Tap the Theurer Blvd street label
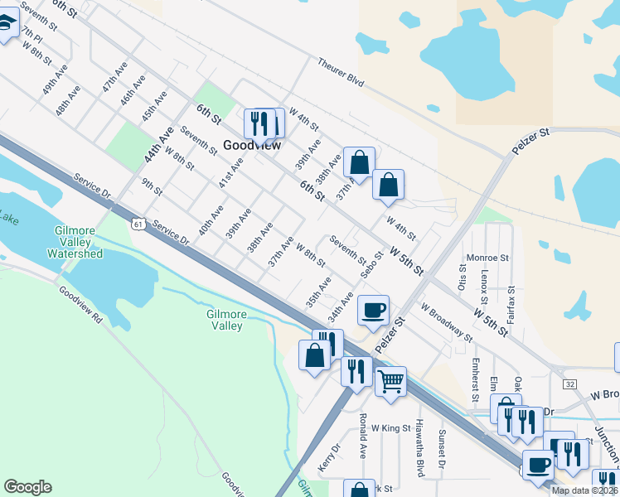[x=341, y=73]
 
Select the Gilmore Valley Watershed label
[x=79, y=242]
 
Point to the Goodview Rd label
[x=80, y=303]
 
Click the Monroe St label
[x=487, y=258]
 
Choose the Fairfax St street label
[x=511, y=304]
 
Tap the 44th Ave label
[x=158, y=144]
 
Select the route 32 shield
[x=569, y=384]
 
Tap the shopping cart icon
[x=390, y=381]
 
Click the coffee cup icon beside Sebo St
[x=373, y=310]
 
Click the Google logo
[x=27, y=487]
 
